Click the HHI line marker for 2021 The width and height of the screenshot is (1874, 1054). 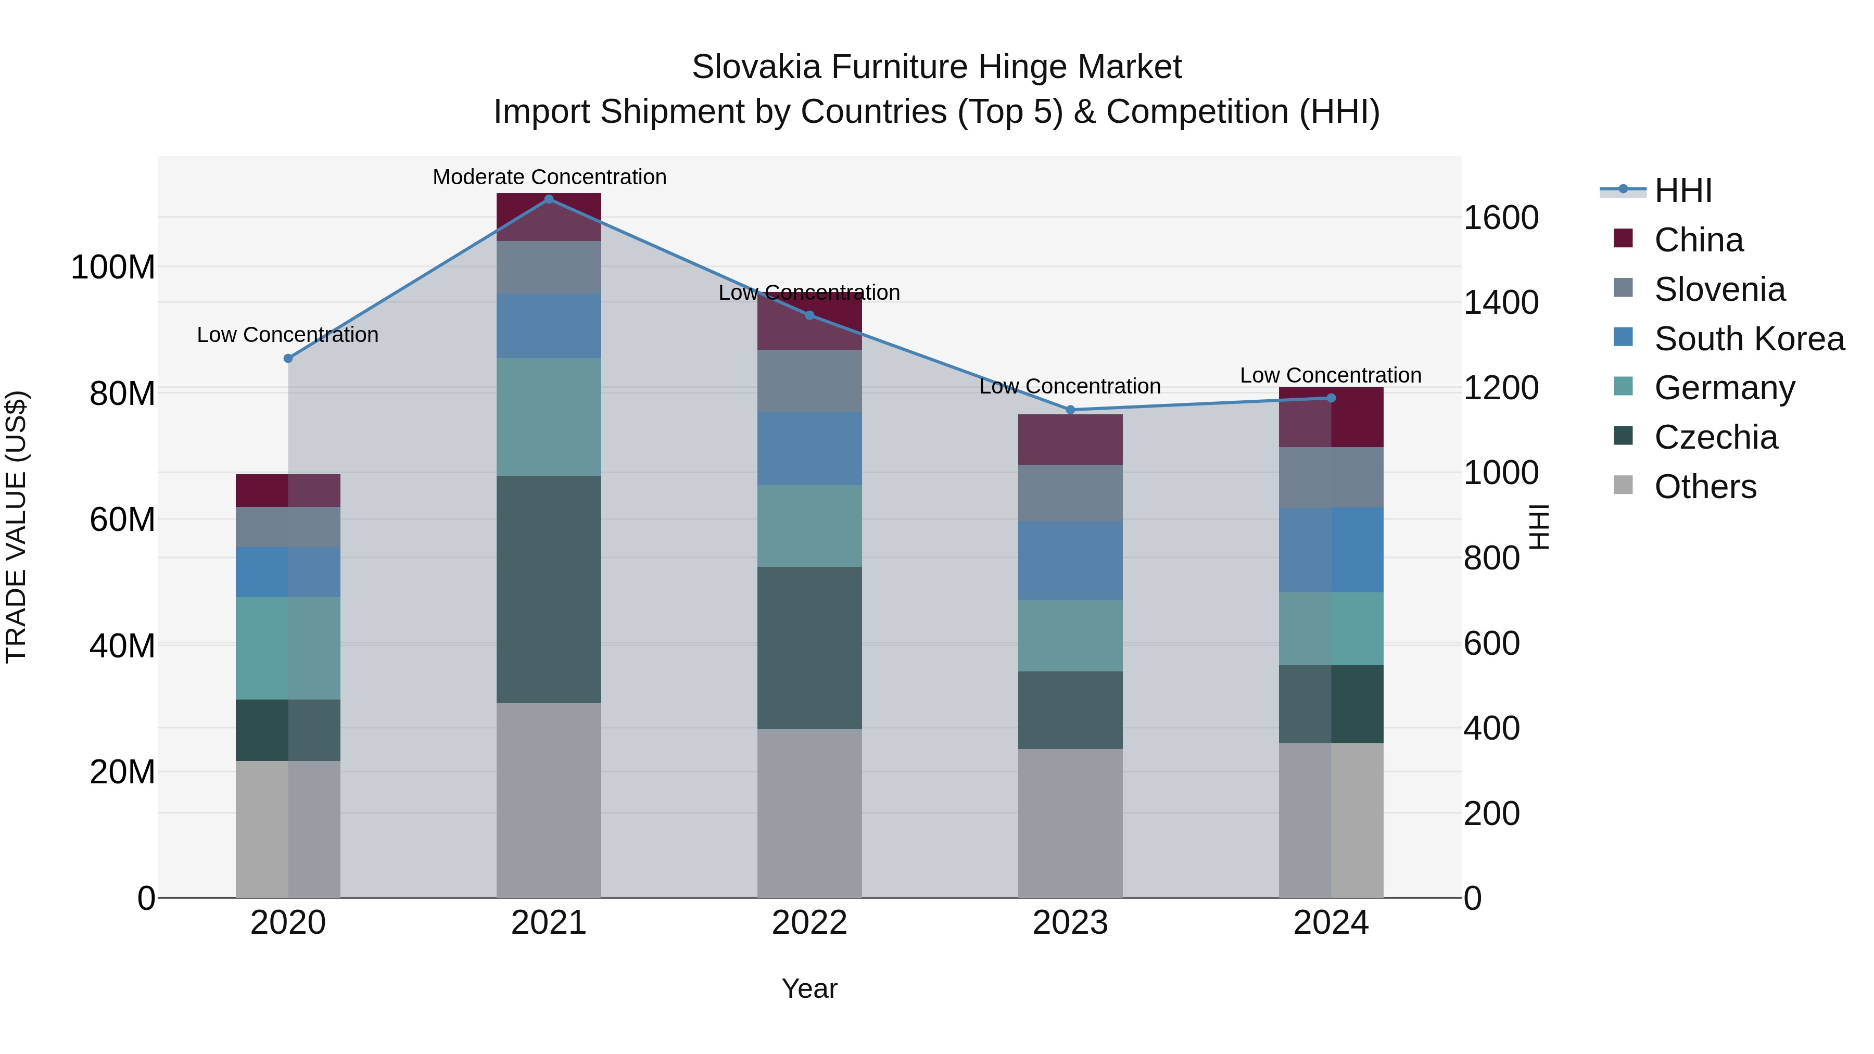pyautogui.click(x=549, y=199)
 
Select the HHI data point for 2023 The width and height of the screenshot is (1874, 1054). pyautogui.click(x=1070, y=410)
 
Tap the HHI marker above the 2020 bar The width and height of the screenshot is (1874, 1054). pyautogui.click(x=288, y=359)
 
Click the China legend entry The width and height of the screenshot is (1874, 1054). pyautogui.click(x=1698, y=240)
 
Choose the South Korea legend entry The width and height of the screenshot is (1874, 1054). pyautogui.click(x=1749, y=339)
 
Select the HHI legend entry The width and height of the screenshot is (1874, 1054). pyautogui.click(x=1682, y=191)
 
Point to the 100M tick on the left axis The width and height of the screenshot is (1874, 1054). pyautogui.click(x=113, y=268)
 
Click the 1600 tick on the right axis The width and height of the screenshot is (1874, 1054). pyautogui.click(x=1501, y=218)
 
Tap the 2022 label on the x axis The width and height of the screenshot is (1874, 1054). pyautogui.click(x=809, y=923)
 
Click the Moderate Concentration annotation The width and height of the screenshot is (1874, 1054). pyautogui.click(x=549, y=177)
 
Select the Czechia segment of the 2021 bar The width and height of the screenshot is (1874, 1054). pyautogui.click(x=549, y=589)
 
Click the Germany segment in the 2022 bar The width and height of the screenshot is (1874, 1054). pyautogui.click(x=809, y=526)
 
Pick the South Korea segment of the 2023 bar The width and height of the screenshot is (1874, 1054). pyautogui.click(x=1070, y=560)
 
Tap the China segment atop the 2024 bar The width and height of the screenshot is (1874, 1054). pyautogui.click(x=1331, y=417)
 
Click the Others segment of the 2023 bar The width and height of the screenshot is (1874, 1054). pyautogui.click(x=1070, y=823)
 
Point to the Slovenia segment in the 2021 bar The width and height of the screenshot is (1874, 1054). pyautogui.click(x=549, y=267)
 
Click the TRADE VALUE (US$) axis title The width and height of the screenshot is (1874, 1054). pyautogui.click(x=16, y=527)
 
